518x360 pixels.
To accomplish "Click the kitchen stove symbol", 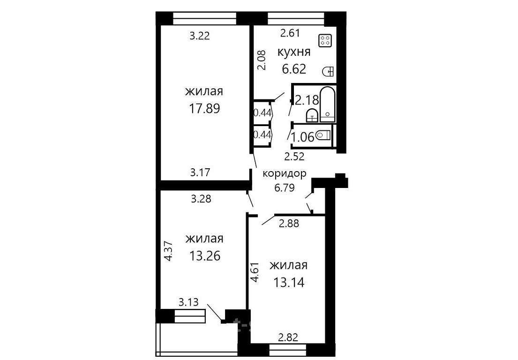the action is pos(324,41).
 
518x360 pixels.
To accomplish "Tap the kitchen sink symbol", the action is pos(328,71).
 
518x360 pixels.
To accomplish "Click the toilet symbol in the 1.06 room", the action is pos(323,135).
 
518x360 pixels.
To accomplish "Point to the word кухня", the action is pos(293,52).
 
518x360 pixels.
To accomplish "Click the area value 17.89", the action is pos(204,108).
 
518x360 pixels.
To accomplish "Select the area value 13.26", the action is pos(204,255).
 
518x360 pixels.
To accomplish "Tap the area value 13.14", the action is pos(289,282).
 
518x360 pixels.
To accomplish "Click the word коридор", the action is pos(285,174).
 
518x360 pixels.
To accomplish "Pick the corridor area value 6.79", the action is pos(285,187).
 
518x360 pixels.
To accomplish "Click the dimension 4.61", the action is pos(255,272).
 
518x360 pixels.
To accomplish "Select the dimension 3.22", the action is pos(200,36).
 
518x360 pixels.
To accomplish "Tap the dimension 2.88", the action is pos(289,224).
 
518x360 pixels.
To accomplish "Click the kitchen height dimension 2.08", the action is pos(261,60).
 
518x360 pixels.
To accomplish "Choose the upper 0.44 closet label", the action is pos(263,113).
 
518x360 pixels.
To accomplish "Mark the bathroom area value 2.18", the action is pos(307,100).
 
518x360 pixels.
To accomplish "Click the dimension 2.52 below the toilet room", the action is pos(294,157).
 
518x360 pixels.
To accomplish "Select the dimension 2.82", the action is pos(288,337).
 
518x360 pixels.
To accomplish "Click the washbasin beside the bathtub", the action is pos(312,115).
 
